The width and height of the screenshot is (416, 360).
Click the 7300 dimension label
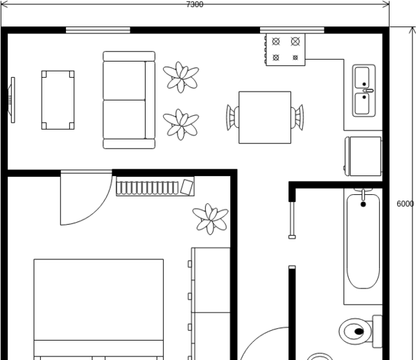coord(195,5)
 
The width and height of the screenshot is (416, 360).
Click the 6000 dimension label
coord(405,204)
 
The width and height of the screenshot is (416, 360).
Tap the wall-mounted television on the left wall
coord(11,100)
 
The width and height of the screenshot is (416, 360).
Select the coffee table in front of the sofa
coord(58,100)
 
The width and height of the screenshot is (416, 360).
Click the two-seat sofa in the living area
coord(129,100)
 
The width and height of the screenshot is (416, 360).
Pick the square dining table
coord(265,117)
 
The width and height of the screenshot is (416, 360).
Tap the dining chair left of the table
coord(233,117)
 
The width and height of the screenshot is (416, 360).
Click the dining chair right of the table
coord(297,117)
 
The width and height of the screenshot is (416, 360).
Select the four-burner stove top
coord(285,50)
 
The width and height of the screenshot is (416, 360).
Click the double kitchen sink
coord(364,91)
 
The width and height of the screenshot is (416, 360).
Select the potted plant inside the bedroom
coord(210,219)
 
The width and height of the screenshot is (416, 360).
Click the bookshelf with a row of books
coord(155,187)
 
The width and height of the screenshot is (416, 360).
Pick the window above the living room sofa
coord(98,30)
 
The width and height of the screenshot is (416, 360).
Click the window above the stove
coord(292,30)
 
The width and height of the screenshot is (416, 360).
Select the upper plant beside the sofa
coord(181,77)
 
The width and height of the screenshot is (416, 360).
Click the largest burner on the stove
coord(295,42)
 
